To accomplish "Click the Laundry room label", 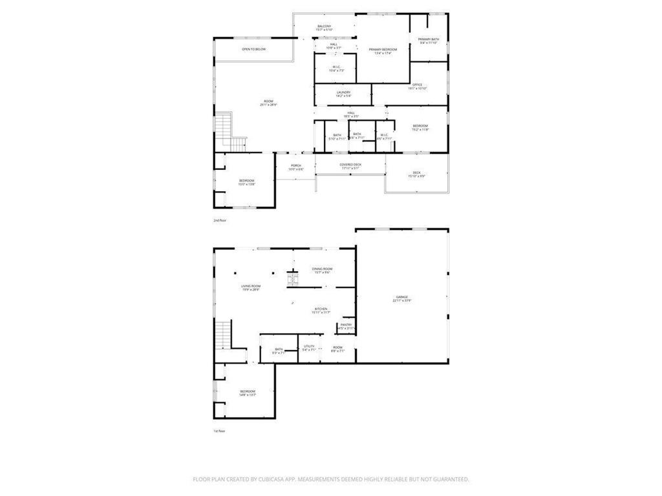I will (343, 94).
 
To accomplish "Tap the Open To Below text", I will (254, 49).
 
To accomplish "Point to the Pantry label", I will (347, 326).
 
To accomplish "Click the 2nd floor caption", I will (220, 220).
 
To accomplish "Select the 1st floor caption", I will (220, 431).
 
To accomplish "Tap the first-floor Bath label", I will (279, 351).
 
